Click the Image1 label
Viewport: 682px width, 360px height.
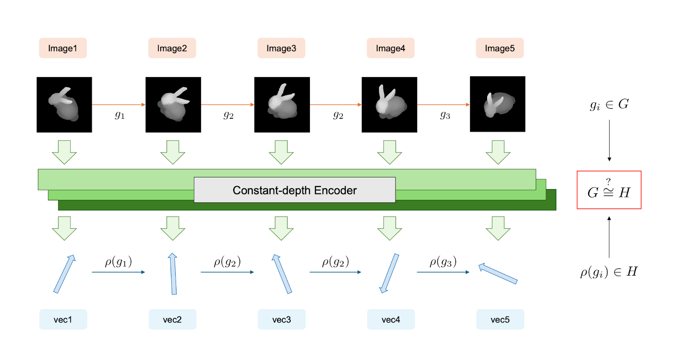point(63,48)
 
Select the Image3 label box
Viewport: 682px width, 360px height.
point(281,48)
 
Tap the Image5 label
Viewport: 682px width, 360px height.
point(500,48)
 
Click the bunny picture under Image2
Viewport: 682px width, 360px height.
point(173,105)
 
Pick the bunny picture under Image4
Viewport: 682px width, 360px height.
point(389,105)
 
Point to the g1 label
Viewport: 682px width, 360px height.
point(120,115)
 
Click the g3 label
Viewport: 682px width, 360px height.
point(445,115)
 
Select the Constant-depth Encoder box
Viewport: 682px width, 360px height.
point(295,190)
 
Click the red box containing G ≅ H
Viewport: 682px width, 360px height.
point(609,190)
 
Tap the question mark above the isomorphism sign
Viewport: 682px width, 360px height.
point(608,181)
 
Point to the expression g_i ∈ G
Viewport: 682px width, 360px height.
point(609,104)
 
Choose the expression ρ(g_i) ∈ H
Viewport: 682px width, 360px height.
point(609,272)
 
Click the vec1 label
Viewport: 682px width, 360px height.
point(63,320)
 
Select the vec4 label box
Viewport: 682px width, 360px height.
point(391,320)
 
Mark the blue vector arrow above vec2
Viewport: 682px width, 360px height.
point(173,274)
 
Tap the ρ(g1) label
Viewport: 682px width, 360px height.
point(118,262)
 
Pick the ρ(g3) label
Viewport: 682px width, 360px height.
point(443,262)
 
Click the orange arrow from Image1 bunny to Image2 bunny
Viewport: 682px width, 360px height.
point(118,104)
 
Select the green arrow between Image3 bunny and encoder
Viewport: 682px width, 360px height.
point(281,152)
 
